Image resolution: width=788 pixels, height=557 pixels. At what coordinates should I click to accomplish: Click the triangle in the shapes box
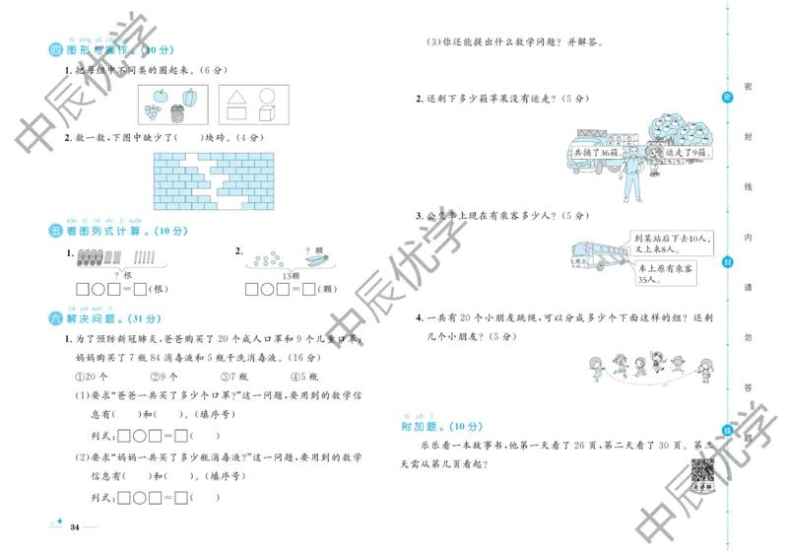click(235, 98)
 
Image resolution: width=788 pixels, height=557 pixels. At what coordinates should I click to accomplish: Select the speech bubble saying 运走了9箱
click(684, 154)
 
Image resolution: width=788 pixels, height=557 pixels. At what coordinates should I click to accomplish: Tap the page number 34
click(74, 527)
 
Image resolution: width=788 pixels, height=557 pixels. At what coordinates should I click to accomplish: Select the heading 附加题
click(421, 427)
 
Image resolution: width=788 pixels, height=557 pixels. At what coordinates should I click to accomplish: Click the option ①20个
click(94, 377)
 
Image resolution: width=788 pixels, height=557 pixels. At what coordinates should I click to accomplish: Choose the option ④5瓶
click(305, 377)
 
